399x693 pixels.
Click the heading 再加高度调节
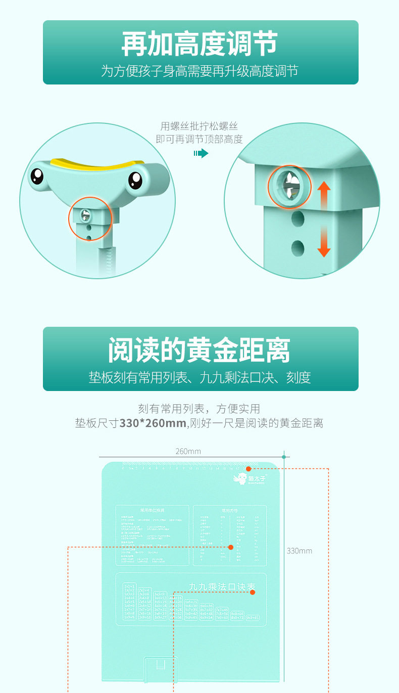(199, 44)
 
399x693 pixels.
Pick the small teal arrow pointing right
(201, 153)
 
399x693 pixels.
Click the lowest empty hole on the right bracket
(298, 247)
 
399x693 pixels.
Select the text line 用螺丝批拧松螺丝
(199, 126)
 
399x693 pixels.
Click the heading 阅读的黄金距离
(199, 351)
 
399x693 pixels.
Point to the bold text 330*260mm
(153, 423)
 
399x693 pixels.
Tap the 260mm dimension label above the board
(188, 451)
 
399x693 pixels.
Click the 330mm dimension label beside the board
(300, 550)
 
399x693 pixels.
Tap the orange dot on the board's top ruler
(248, 469)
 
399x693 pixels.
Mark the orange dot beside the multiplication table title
(253, 592)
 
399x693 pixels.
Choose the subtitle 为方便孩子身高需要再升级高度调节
(199, 71)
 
